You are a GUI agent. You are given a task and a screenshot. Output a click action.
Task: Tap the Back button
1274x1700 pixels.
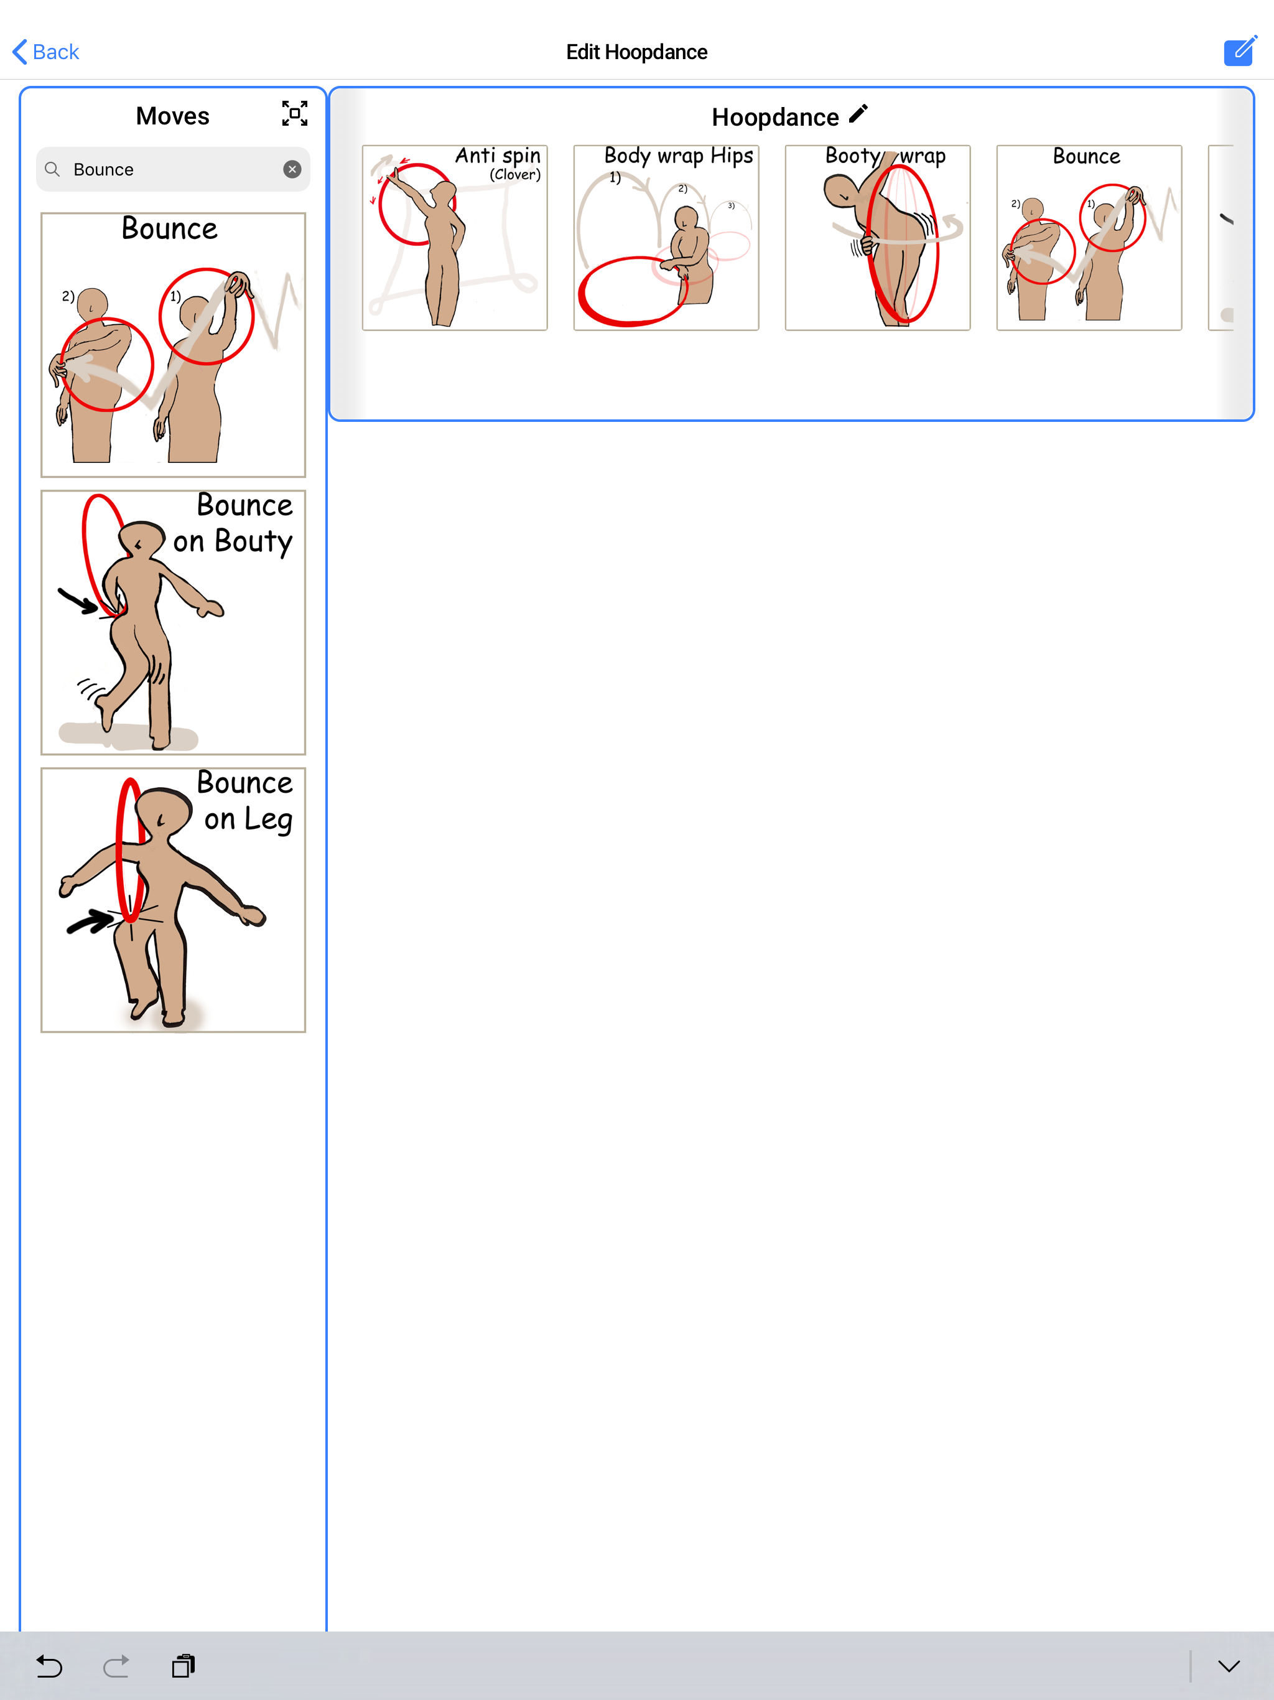point(46,52)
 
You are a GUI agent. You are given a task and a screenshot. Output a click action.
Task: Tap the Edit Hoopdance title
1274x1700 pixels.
point(636,52)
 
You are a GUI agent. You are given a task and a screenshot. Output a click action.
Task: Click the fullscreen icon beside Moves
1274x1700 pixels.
point(294,114)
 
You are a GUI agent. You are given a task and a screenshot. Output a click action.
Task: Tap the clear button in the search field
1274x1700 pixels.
point(292,169)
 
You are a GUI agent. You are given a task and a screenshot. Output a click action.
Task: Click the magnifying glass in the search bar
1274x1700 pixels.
point(52,169)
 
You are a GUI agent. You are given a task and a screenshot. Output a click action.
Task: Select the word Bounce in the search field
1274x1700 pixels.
point(104,170)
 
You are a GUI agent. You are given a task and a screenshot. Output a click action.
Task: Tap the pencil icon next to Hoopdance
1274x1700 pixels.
point(858,114)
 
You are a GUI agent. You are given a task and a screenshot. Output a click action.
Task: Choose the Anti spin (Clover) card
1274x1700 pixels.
point(455,238)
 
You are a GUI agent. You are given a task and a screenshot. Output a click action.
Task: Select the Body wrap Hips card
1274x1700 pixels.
point(666,238)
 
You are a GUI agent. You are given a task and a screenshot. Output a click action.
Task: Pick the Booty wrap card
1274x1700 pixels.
point(878,238)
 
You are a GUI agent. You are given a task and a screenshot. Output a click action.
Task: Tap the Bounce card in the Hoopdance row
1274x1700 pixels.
point(1089,238)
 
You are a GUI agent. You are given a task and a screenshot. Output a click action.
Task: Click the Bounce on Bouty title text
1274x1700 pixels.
point(235,524)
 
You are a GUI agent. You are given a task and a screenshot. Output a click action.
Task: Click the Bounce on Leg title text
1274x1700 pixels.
point(245,801)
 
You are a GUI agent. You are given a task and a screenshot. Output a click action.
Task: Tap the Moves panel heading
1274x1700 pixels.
point(173,116)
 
